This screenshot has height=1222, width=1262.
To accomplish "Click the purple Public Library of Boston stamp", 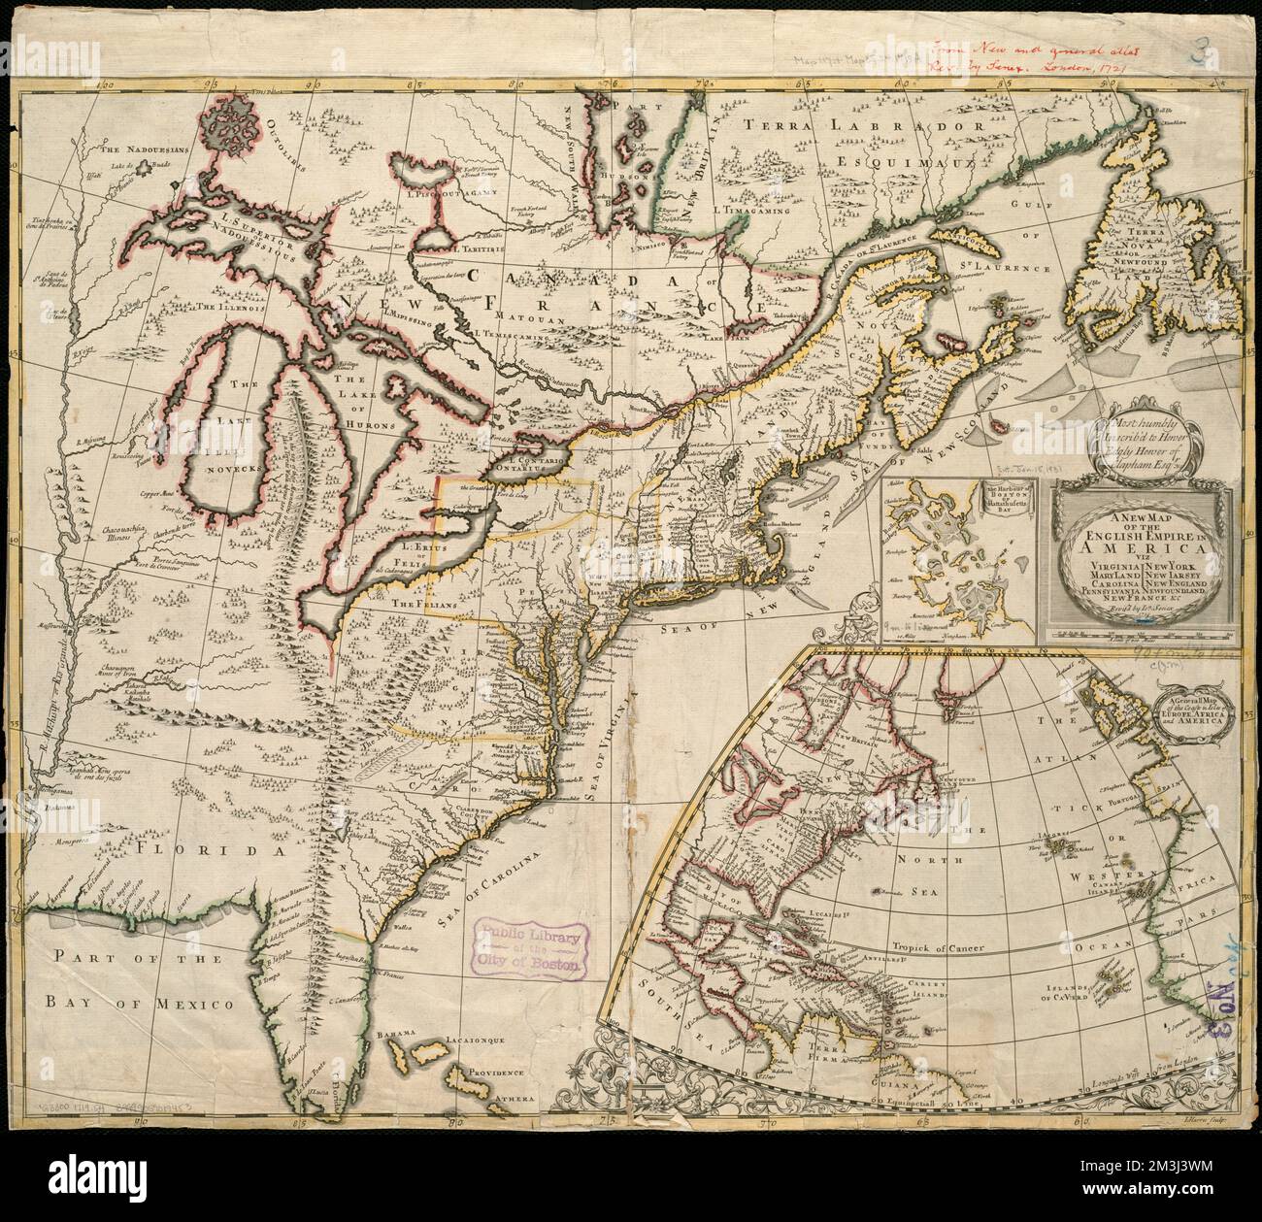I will coord(532,948).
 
